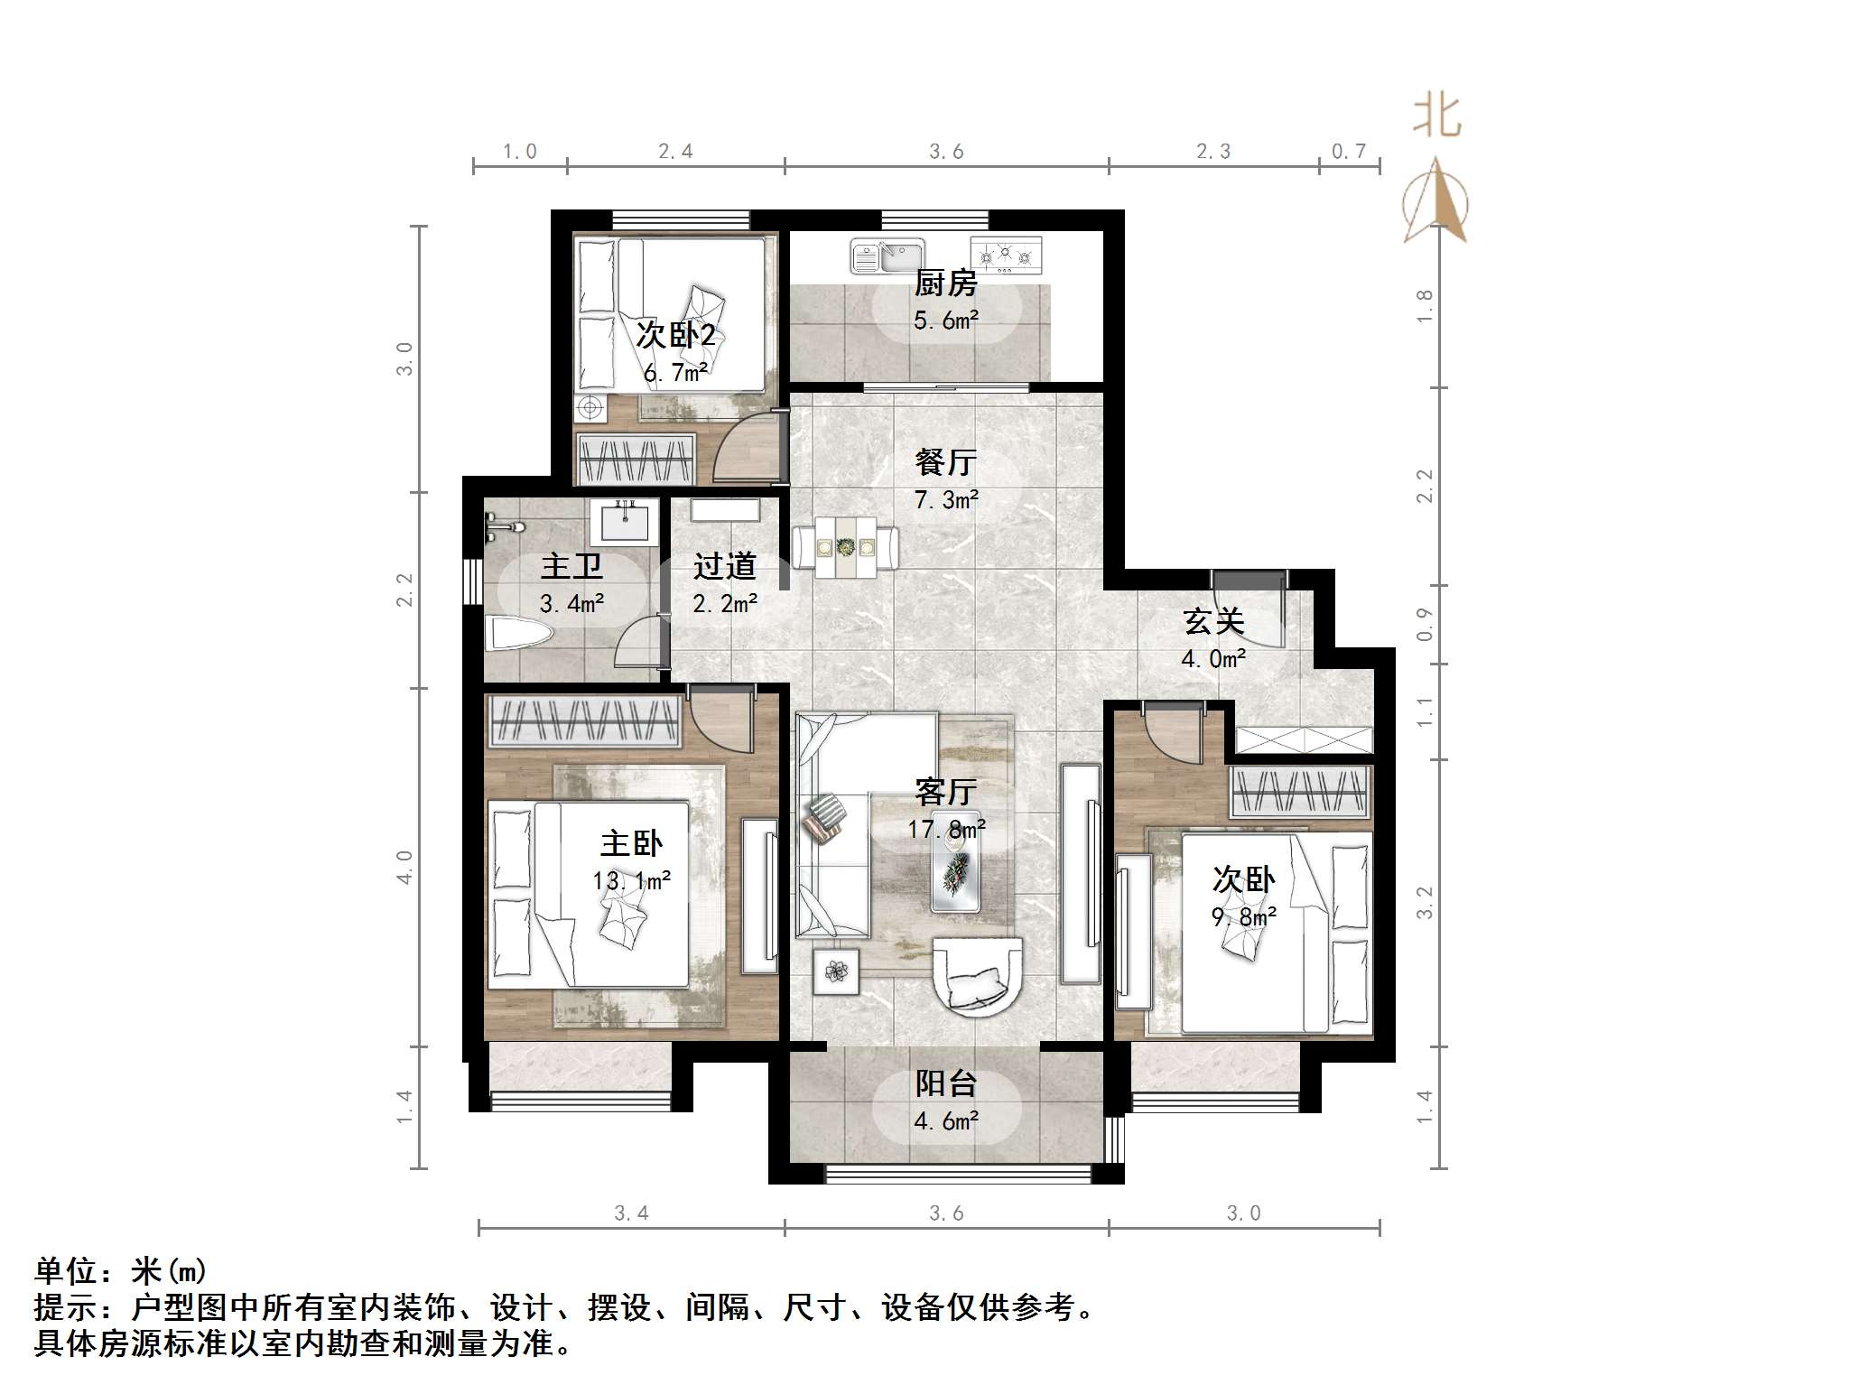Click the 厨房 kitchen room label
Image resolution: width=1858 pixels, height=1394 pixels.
click(945, 284)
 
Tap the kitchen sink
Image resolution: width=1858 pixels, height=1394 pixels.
click(887, 256)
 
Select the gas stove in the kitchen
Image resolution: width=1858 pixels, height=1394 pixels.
click(1006, 256)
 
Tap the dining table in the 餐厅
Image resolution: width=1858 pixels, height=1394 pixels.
click(845, 547)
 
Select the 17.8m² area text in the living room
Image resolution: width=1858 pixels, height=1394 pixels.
click(945, 829)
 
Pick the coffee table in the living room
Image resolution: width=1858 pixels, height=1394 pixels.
click(957, 872)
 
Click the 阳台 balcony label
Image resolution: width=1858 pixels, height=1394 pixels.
click(945, 1083)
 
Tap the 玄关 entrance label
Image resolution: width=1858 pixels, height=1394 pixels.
click(1213, 622)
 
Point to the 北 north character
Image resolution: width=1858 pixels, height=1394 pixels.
click(1435, 117)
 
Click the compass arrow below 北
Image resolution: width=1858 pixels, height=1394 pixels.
click(1435, 203)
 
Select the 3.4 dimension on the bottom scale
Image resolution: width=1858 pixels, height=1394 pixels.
click(631, 1213)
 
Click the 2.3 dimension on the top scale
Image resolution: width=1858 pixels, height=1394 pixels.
click(1212, 152)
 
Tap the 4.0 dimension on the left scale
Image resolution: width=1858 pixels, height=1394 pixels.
click(404, 867)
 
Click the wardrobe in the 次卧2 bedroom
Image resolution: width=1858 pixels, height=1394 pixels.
click(636, 459)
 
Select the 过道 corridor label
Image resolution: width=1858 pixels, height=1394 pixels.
click(724, 567)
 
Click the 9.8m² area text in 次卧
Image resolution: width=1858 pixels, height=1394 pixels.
click(1243, 917)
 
